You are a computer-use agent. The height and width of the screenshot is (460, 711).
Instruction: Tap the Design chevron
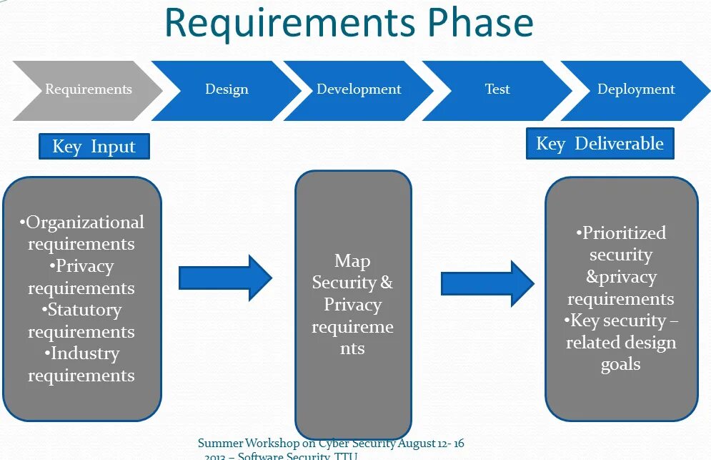tap(227, 89)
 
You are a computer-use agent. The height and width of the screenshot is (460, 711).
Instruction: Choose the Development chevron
tap(359, 89)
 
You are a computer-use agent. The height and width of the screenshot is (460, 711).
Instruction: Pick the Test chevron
tap(497, 89)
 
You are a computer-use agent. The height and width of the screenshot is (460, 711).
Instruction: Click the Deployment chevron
tap(635, 89)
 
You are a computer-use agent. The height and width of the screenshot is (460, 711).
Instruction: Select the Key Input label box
tap(94, 147)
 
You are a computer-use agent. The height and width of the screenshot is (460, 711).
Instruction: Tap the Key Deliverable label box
tap(600, 144)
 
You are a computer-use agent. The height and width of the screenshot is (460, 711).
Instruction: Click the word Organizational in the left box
tap(85, 222)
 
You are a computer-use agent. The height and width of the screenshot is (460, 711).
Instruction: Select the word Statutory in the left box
tap(84, 310)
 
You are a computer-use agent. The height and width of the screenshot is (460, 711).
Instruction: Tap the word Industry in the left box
tap(84, 353)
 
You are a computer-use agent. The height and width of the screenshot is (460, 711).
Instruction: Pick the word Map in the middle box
tap(352, 261)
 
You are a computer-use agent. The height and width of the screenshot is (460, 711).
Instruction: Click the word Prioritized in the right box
tap(624, 233)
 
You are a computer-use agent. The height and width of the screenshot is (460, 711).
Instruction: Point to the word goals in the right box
tap(620, 364)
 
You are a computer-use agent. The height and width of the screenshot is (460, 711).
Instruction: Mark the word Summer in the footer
tap(220, 444)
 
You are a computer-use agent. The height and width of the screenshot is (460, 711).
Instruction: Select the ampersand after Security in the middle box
tap(386, 283)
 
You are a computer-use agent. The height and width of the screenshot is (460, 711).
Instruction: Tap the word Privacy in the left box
tap(84, 266)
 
